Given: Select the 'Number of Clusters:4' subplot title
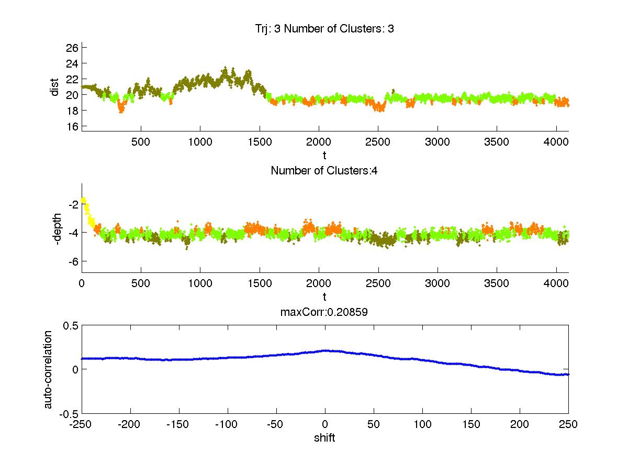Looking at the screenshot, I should [x=324, y=170].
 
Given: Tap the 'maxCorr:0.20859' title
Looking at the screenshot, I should [x=324, y=312].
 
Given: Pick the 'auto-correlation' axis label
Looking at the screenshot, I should [x=48, y=369].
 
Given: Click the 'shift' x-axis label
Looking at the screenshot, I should [x=324, y=438].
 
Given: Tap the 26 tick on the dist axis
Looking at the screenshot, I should [x=72, y=48].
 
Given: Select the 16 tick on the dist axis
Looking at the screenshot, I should [x=72, y=126].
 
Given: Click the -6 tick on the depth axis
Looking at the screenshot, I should [x=72, y=261].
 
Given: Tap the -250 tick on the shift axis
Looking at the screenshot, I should [x=82, y=424].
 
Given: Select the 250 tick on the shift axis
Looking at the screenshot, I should [x=568, y=424].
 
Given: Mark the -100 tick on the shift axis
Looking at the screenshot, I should [x=228, y=424].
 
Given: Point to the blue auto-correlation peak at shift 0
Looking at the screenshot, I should [x=325, y=350].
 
